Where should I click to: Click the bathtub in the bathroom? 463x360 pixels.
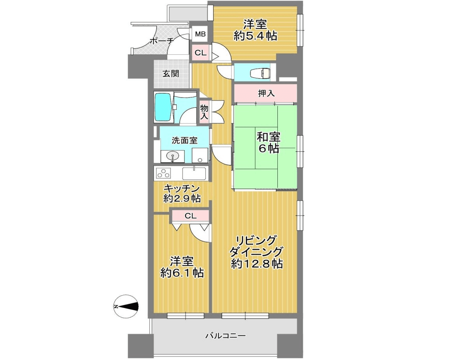[x=163, y=107]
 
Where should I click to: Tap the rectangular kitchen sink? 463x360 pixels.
[x=194, y=173]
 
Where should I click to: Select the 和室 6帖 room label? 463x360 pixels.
[x=268, y=142]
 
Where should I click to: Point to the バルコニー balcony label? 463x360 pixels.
[x=225, y=336]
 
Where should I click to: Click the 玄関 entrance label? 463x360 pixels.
[x=171, y=74]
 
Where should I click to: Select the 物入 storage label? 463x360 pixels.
[x=204, y=112]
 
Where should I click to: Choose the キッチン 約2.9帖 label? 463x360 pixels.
[x=182, y=193]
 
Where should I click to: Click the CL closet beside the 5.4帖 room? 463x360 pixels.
[x=200, y=53]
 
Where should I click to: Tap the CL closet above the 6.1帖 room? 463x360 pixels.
[x=190, y=216]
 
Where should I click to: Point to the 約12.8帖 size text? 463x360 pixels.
[x=256, y=264]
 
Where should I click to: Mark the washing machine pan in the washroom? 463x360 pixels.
[x=200, y=155]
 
